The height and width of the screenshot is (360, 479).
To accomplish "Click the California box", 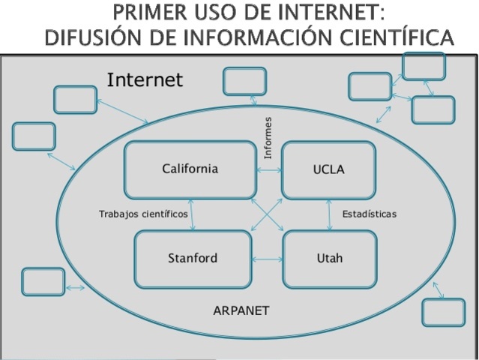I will [190, 169].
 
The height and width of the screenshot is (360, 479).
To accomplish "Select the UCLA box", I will [328, 169].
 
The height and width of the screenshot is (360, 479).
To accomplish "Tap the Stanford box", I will [193, 259].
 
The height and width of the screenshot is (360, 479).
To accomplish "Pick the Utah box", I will [329, 259].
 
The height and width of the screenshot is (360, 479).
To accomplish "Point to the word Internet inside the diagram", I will [145, 79].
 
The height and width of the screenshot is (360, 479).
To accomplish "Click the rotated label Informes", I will [268, 137].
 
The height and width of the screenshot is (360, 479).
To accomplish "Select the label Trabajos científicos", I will [143, 214].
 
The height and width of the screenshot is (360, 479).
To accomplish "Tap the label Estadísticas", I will [369, 214].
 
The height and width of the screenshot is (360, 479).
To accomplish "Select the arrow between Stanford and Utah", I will [267, 259].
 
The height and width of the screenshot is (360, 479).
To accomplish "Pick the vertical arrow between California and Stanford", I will [193, 214].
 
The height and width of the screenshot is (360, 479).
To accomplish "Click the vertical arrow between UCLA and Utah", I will [330, 214].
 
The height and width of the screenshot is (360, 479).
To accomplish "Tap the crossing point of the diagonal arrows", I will [266, 215].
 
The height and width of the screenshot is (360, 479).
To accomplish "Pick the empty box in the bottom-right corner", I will [443, 312].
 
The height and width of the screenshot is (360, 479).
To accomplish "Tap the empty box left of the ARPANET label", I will [43, 281].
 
